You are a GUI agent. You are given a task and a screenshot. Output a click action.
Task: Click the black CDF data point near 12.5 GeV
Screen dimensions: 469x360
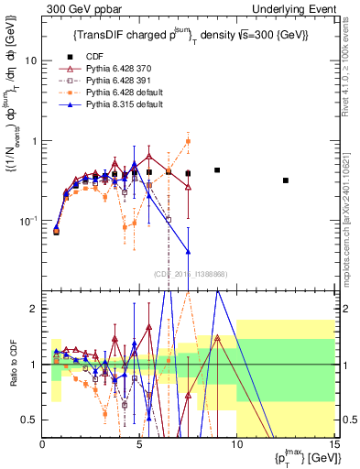(286, 180)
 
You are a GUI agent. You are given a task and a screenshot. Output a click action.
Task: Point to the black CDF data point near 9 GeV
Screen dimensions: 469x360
(217, 170)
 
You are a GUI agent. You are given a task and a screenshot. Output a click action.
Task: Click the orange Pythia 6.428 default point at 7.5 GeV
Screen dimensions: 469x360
(188, 141)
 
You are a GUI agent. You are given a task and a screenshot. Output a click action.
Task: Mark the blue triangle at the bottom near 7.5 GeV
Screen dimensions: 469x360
(188, 251)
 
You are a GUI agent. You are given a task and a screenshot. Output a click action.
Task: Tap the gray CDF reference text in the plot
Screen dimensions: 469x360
(190, 273)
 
